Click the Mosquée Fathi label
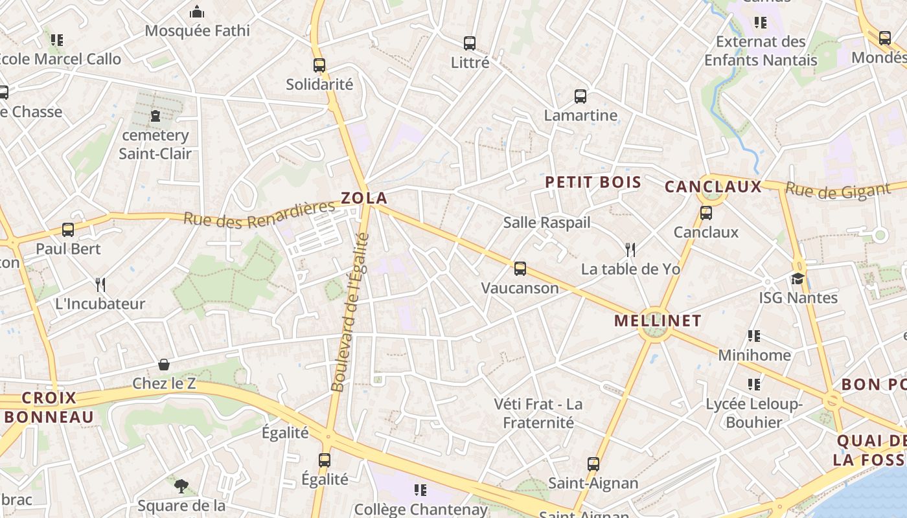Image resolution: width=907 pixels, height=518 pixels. click(x=197, y=30)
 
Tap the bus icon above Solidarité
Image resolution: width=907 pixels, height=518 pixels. click(x=319, y=65)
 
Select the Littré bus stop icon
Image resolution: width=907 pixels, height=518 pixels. click(x=470, y=43)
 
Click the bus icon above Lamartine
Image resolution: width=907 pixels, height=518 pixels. click(x=580, y=96)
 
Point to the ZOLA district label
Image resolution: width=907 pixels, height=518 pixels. click(x=364, y=198)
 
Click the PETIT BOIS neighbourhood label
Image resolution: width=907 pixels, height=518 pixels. click(x=593, y=183)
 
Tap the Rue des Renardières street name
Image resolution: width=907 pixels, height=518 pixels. click(x=259, y=215)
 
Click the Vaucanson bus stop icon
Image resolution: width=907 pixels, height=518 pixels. click(x=520, y=269)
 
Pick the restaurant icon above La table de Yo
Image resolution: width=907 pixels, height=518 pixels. click(x=630, y=249)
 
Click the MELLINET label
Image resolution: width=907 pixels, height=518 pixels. click(x=658, y=321)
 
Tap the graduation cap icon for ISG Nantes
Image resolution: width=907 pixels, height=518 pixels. click(x=798, y=278)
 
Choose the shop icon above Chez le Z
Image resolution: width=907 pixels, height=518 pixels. click(x=164, y=365)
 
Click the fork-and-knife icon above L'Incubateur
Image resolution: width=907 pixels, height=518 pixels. click(x=100, y=284)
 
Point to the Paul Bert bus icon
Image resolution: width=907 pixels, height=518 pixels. click(x=68, y=229)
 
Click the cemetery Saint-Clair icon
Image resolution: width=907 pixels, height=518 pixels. click(x=155, y=117)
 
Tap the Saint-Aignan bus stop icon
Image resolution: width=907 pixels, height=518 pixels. click(x=593, y=464)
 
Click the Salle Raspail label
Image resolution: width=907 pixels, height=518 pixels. click(x=547, y=223)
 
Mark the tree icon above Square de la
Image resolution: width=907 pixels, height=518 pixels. click(x=181, y=486)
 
